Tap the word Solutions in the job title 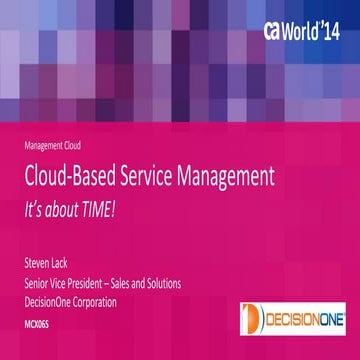tap(162, 283)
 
